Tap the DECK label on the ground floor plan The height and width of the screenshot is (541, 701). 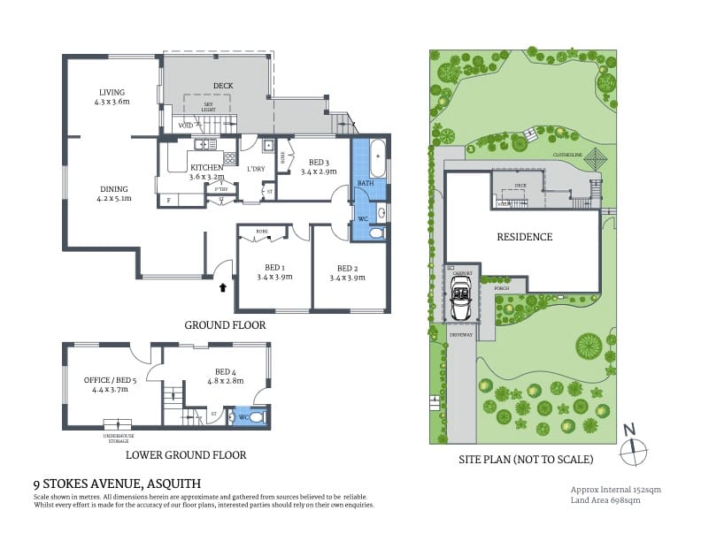click(x=222, y=86)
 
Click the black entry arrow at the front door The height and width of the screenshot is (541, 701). click(x=221, y=286)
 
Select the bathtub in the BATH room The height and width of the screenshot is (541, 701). click(x=376, y=158)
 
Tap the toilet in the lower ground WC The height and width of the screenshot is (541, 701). click(x=256, y=417)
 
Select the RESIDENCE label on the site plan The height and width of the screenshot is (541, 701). click(x=524, y=237)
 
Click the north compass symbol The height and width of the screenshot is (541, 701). click(x=631, y=448)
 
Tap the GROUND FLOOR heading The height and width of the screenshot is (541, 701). click(x=225, y=325)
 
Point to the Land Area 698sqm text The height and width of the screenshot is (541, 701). click(x=605, y=500)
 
